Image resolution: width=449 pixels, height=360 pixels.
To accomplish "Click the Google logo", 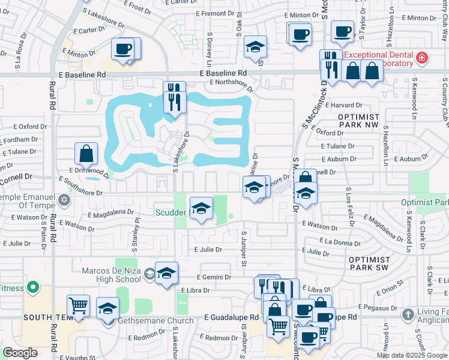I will point(20,353).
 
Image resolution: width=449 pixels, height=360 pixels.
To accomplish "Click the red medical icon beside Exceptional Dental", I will point(422,58).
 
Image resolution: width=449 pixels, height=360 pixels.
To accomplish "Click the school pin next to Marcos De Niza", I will point(166,273).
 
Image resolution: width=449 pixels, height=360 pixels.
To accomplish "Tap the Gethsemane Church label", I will point(155,320).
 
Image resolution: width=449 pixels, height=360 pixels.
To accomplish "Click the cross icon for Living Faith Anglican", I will point(408,314).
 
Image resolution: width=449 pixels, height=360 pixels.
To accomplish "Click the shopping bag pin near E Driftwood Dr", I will point(86,154).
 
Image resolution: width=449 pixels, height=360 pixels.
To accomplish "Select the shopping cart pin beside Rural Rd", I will point(78,305).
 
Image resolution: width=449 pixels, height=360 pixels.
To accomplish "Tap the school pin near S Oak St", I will point(255,47).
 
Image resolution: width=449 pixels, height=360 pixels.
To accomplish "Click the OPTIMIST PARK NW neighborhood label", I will point(359,121).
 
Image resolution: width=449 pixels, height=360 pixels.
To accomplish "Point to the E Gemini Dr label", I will point(214,277).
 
